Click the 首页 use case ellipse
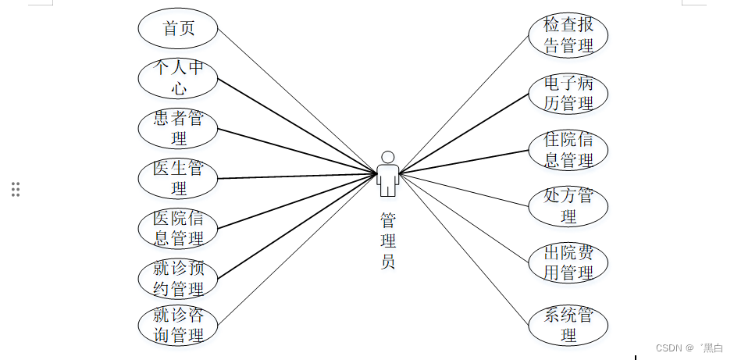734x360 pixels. point(177,28)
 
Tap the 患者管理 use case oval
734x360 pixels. point(177,128)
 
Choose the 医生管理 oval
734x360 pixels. point(177,178)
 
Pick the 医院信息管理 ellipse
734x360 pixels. point(177,228)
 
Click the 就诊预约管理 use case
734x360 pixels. point(177,279)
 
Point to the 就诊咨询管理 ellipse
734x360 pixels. point(177,326)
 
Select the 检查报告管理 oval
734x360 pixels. point(568,35)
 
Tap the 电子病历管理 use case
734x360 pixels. point(568,94)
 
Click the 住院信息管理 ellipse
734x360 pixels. point(568,150)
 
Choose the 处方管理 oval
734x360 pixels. point(568,206)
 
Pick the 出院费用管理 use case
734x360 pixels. point(568,262)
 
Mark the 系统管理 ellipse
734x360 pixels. point(568,326)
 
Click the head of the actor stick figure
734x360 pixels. point(388,156)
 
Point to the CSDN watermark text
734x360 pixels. point(689,348)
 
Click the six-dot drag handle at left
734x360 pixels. point(16,189)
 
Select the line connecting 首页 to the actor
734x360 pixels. point(297,100)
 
